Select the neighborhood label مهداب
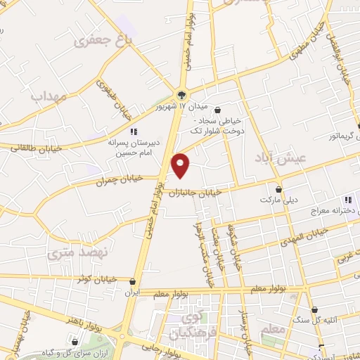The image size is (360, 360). pos(49,96)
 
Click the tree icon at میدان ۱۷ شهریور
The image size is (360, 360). pos(183,94)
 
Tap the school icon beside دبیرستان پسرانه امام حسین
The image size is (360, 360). pos(133,131)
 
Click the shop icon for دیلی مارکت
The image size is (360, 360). pos(279,189)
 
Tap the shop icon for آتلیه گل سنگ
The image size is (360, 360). pos(314,309)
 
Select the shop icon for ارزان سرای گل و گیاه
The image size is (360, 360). pos(75,342)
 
